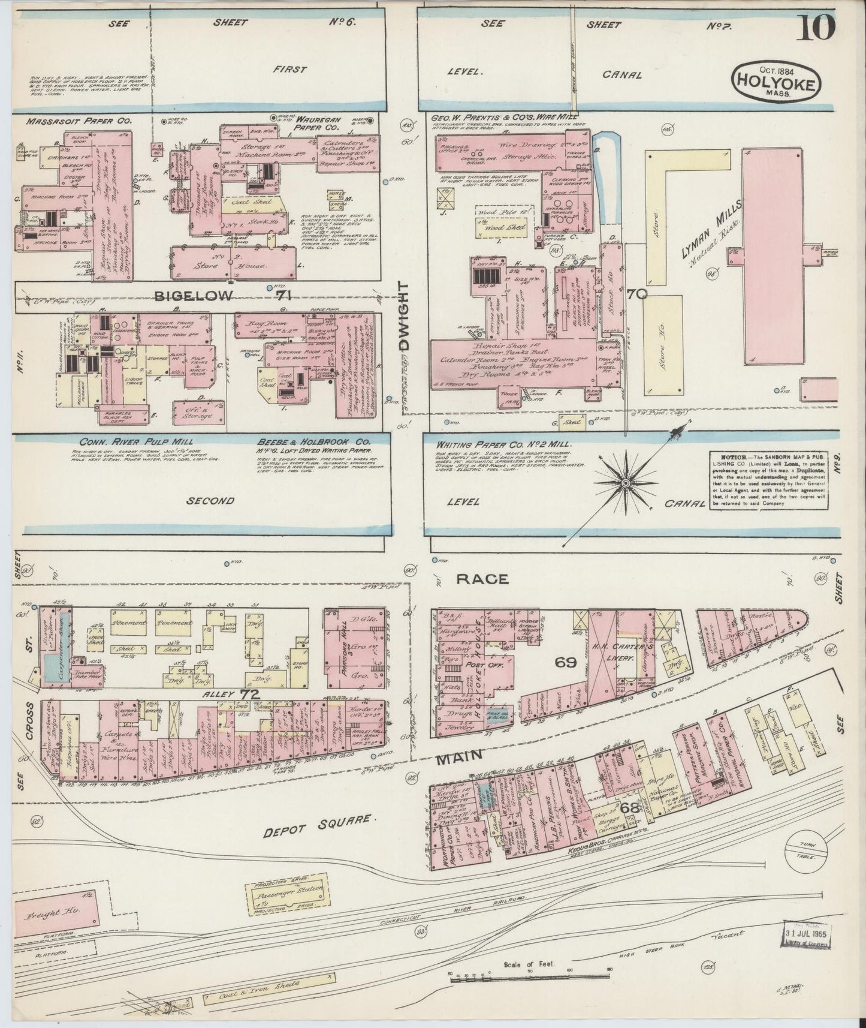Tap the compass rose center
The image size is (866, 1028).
tap(626, 482)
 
